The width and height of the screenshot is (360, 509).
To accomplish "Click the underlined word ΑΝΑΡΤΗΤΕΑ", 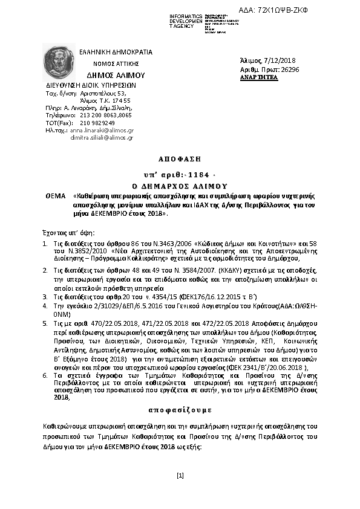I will click(x=259, y=78).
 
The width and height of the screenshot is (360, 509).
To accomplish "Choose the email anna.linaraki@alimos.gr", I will click(x=102, y=130).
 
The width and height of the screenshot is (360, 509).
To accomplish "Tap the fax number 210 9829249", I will click(x=97, y=123).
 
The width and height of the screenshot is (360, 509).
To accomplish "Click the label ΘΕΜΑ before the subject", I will click(x=56, y=197).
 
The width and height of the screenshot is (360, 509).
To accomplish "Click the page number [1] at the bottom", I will click(x=180, y=476).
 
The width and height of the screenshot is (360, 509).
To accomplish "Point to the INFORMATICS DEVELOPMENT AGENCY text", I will click(x=186, y=21).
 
